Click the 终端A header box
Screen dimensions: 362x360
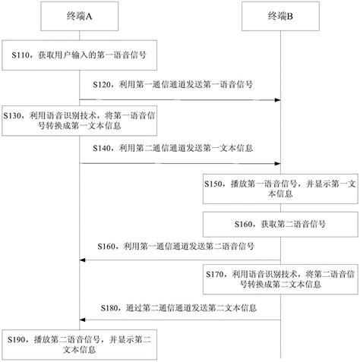point(79,14)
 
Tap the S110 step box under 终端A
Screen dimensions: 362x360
point(79,56)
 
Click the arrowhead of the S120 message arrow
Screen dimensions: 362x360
point(277,99)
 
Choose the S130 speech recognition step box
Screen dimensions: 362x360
point(79,120)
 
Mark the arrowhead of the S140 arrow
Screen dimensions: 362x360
point(277,163)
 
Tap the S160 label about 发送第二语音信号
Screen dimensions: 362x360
point(176,247)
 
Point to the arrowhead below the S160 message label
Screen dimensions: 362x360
point(83,260)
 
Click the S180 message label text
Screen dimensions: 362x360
point(178,309)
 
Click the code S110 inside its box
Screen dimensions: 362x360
point(24,56)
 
